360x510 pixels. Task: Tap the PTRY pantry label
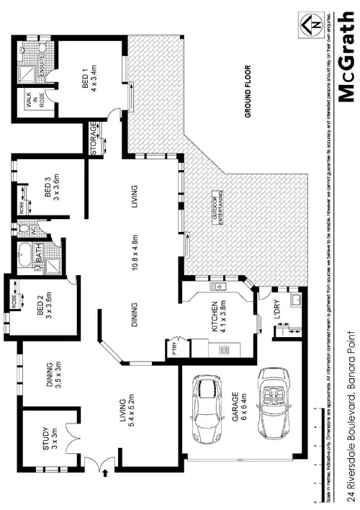pyautogui.click(x=174, y=349)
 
